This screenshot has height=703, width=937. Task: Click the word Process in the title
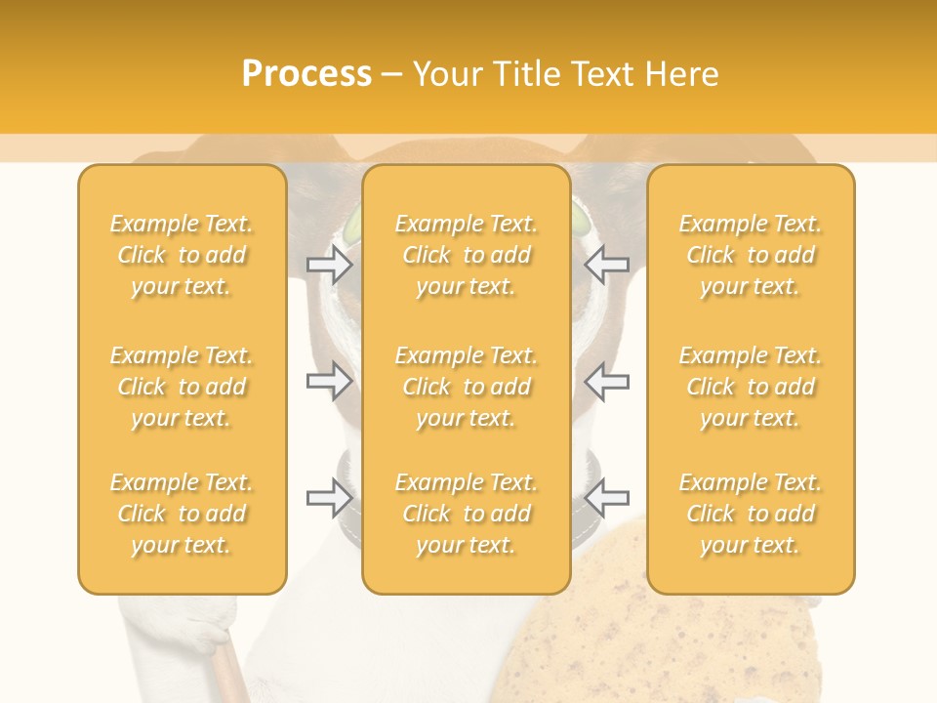(x=306, y=74)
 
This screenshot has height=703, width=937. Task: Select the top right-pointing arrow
(x=329, y=264)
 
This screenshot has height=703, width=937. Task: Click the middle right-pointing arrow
(x=329, y=381)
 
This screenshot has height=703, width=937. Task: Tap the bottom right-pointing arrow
(x=329, y=498)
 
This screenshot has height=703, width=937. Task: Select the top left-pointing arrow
(x=607, y=264)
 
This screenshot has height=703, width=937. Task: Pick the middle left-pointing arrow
(x=607, y=381)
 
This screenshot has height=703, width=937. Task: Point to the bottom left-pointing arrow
(x=607, y=498)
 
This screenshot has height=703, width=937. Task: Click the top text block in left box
(x=182, y=255)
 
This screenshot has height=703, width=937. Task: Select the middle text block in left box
(x=182, y=387)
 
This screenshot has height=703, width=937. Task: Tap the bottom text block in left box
(x=182, y=514)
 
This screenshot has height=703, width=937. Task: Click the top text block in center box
(x=467, y=255)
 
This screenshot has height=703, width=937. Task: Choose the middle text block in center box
(x=467, y=387)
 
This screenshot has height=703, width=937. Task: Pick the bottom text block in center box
(x=467, y=514)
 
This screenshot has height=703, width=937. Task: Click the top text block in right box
(x=751, y=255)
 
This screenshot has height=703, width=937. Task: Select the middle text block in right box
(x=751, y=387)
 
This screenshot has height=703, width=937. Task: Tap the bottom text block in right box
(x=751, y=514)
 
